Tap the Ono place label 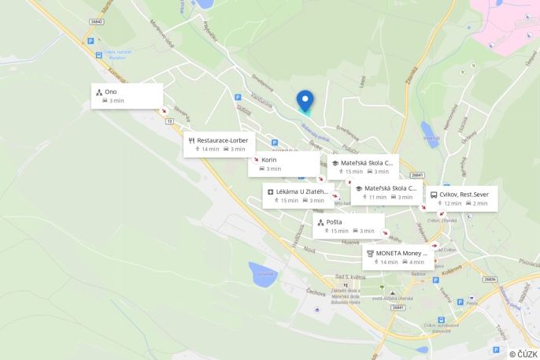coord(110,92)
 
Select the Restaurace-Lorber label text coord(222,140)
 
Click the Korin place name coord(269,159)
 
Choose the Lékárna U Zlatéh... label coord(302,191)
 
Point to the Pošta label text coord(334,222)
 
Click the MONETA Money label coord(401,253)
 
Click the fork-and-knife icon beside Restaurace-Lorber coord(192,140)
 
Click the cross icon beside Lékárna coord(270,191)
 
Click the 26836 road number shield coord(490,280)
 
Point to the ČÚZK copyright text coord(523,354)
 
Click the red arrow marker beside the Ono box coord(165,111)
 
